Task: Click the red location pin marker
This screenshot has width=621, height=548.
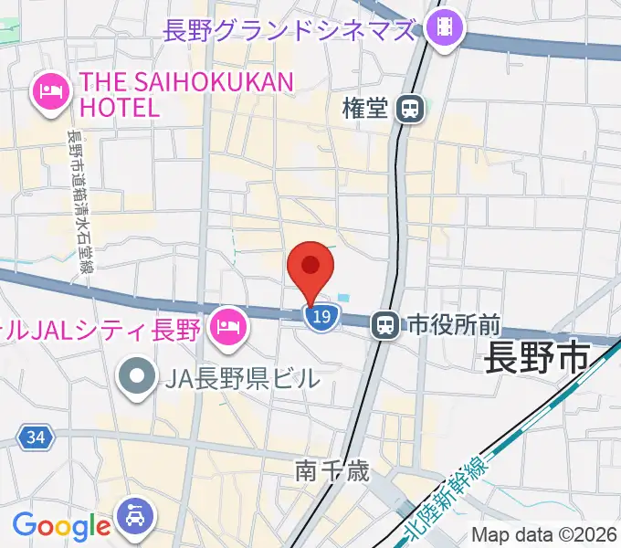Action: click(x=310, y=268)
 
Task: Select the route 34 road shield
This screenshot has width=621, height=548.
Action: click(x=35, y=438)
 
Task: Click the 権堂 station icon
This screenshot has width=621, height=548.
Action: click(x=410, y=110)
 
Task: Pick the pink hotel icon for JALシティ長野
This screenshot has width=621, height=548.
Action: click(x=226, y=324)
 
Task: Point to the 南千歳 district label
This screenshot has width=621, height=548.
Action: click(x=332, y=471)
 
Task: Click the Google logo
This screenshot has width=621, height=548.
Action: click(x=61, y=525)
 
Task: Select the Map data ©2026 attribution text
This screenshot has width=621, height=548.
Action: click(x=543, y=535)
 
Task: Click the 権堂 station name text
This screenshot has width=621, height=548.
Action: click(x=366, y=110)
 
